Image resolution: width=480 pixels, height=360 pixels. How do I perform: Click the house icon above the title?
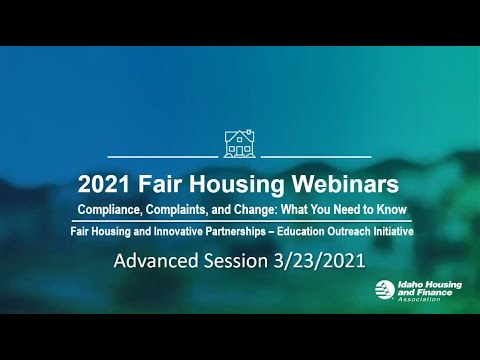point(239,142)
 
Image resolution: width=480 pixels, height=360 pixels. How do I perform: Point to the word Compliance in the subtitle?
point(108,210)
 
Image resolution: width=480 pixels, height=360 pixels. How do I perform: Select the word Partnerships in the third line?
point(246,231)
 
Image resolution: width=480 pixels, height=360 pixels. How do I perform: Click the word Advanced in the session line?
point(157,263)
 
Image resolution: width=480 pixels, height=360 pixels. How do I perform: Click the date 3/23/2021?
point(320,263)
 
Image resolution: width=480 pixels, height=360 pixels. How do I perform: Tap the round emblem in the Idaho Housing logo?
point(384,290)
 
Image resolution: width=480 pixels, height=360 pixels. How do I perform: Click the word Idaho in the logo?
point(409,285)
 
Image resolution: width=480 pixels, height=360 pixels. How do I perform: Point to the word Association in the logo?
point(417,300)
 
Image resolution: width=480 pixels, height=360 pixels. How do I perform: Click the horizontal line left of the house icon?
point(162,157)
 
